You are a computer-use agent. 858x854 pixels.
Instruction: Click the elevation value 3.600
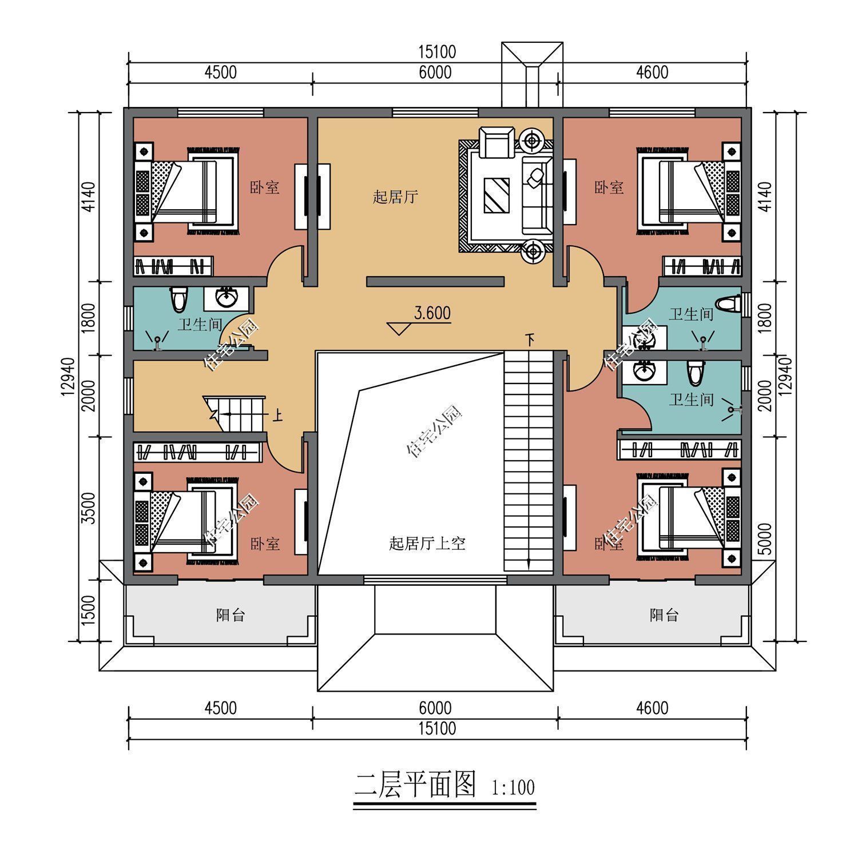click(x=432, y=313)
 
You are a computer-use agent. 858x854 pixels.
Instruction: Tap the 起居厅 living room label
click(x=395, y=198)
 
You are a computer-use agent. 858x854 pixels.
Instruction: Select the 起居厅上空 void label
click(x=427, y=543)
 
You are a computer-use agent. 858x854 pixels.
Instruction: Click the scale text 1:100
click(x=513, y=788)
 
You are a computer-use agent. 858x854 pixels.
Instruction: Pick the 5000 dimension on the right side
click(x=767, y=538)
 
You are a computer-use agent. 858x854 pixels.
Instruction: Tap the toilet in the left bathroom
click(x=178, y=299)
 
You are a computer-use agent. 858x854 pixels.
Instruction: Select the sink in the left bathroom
click(x=228, y=297)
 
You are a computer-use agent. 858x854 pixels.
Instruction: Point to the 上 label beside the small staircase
click(x=277, y=414)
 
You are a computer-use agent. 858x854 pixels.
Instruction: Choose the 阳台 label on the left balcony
click(x=231, y=615)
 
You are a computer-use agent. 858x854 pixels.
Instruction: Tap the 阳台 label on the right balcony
click(x=664, y=615)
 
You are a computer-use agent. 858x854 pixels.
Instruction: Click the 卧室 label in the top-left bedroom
click(x=264, y=187)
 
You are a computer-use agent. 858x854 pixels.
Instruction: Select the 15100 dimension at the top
click(x=437, y=52)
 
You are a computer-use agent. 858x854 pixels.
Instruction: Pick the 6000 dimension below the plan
click(x=435, y=708)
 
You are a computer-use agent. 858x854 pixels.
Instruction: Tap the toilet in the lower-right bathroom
click(x=695, y=373)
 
